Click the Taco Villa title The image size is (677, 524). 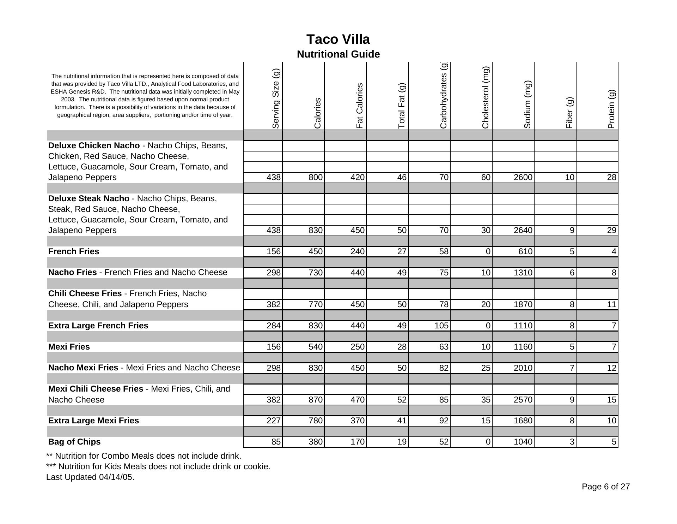point(338,40)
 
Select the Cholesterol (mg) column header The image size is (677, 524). point(486,97)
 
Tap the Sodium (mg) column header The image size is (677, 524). point(527,105)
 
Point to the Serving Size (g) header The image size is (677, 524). point(276,99)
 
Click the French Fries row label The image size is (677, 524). point(74,251)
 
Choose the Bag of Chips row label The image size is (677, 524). point(74,442)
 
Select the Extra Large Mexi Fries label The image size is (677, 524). point(93,421)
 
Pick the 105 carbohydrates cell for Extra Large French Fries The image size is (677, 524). point(441,326)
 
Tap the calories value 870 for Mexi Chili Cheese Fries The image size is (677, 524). point(315,400)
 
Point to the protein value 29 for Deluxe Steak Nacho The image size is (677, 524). point(611,230)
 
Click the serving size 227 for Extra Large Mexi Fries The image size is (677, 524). point(274,421)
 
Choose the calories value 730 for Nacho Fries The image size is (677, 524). point(315,273)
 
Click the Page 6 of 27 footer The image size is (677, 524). point(605,487)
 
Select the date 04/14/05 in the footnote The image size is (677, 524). point(116,477)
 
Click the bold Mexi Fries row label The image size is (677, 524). point(69,347)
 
